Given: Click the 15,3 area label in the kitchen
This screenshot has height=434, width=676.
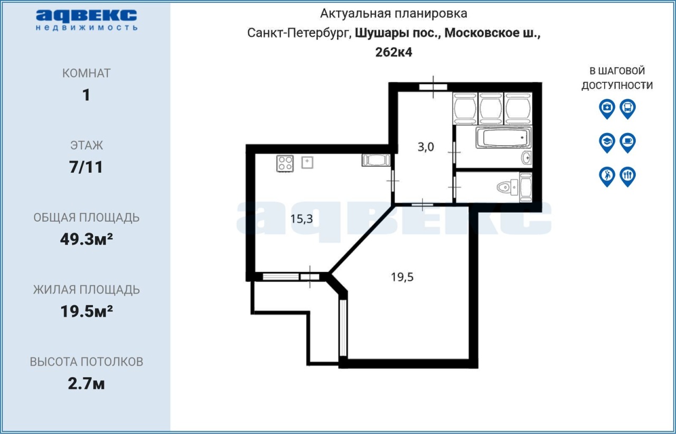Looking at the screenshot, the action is (x=302, y=219).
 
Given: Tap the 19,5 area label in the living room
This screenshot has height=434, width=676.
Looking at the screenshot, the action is (x=402, y=277).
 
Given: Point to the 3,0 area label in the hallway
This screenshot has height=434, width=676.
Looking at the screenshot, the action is (x=426, y=147).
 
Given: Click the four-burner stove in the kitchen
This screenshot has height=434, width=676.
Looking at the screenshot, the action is (x=285, y=164).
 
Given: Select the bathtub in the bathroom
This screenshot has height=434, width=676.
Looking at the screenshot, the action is (x=503, y=138).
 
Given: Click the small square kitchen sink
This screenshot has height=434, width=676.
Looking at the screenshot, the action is (x=307, y=163).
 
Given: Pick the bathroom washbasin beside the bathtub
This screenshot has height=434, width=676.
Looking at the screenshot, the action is (x=527, y=157).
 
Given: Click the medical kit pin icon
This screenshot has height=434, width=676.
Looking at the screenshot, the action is (x=607, y=109).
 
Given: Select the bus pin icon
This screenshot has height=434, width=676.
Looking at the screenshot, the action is (x=628, y=109).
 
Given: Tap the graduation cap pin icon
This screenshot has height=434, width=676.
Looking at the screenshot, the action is (x=607, y=143).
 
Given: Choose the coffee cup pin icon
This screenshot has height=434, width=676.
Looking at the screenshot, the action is (x=628, y=143).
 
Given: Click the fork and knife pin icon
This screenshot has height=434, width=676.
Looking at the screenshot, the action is (x=628, y=176).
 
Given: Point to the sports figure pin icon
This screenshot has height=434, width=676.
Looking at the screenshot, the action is (x=607, y=176).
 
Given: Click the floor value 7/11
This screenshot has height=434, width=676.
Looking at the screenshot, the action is (x=86, y=167).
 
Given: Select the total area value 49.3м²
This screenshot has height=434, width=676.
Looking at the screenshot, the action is (x=86, y=239).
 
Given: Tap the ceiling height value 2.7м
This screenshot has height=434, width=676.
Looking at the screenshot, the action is (x=86, y=384).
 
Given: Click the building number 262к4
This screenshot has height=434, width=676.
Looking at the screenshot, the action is (x=393, y=52).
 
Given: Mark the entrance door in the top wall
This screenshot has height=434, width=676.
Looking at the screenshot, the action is (x=434, y=87).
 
